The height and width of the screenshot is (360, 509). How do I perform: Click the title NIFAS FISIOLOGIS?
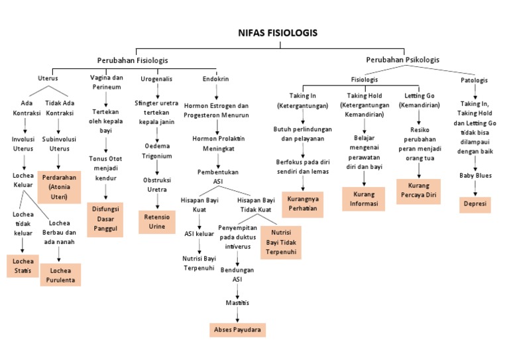pos(278,32)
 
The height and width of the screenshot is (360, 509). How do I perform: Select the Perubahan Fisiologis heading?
pos(133,60)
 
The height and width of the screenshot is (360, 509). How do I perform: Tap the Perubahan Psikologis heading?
pos(402,60)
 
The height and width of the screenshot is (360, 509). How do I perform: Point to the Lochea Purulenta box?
pos(60,275)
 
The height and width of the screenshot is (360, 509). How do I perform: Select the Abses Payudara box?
pos(237,329)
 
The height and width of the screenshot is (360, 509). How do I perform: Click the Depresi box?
pos(475,204)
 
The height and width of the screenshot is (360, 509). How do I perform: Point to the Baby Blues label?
pos(475,176)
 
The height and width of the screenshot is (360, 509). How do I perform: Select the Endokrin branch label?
pos(216,79)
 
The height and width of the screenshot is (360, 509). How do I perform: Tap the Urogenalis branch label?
pos(157,79)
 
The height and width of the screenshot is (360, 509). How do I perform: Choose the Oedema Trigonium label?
pos(157,151)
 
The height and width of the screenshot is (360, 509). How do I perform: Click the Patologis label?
pos(475,80)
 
